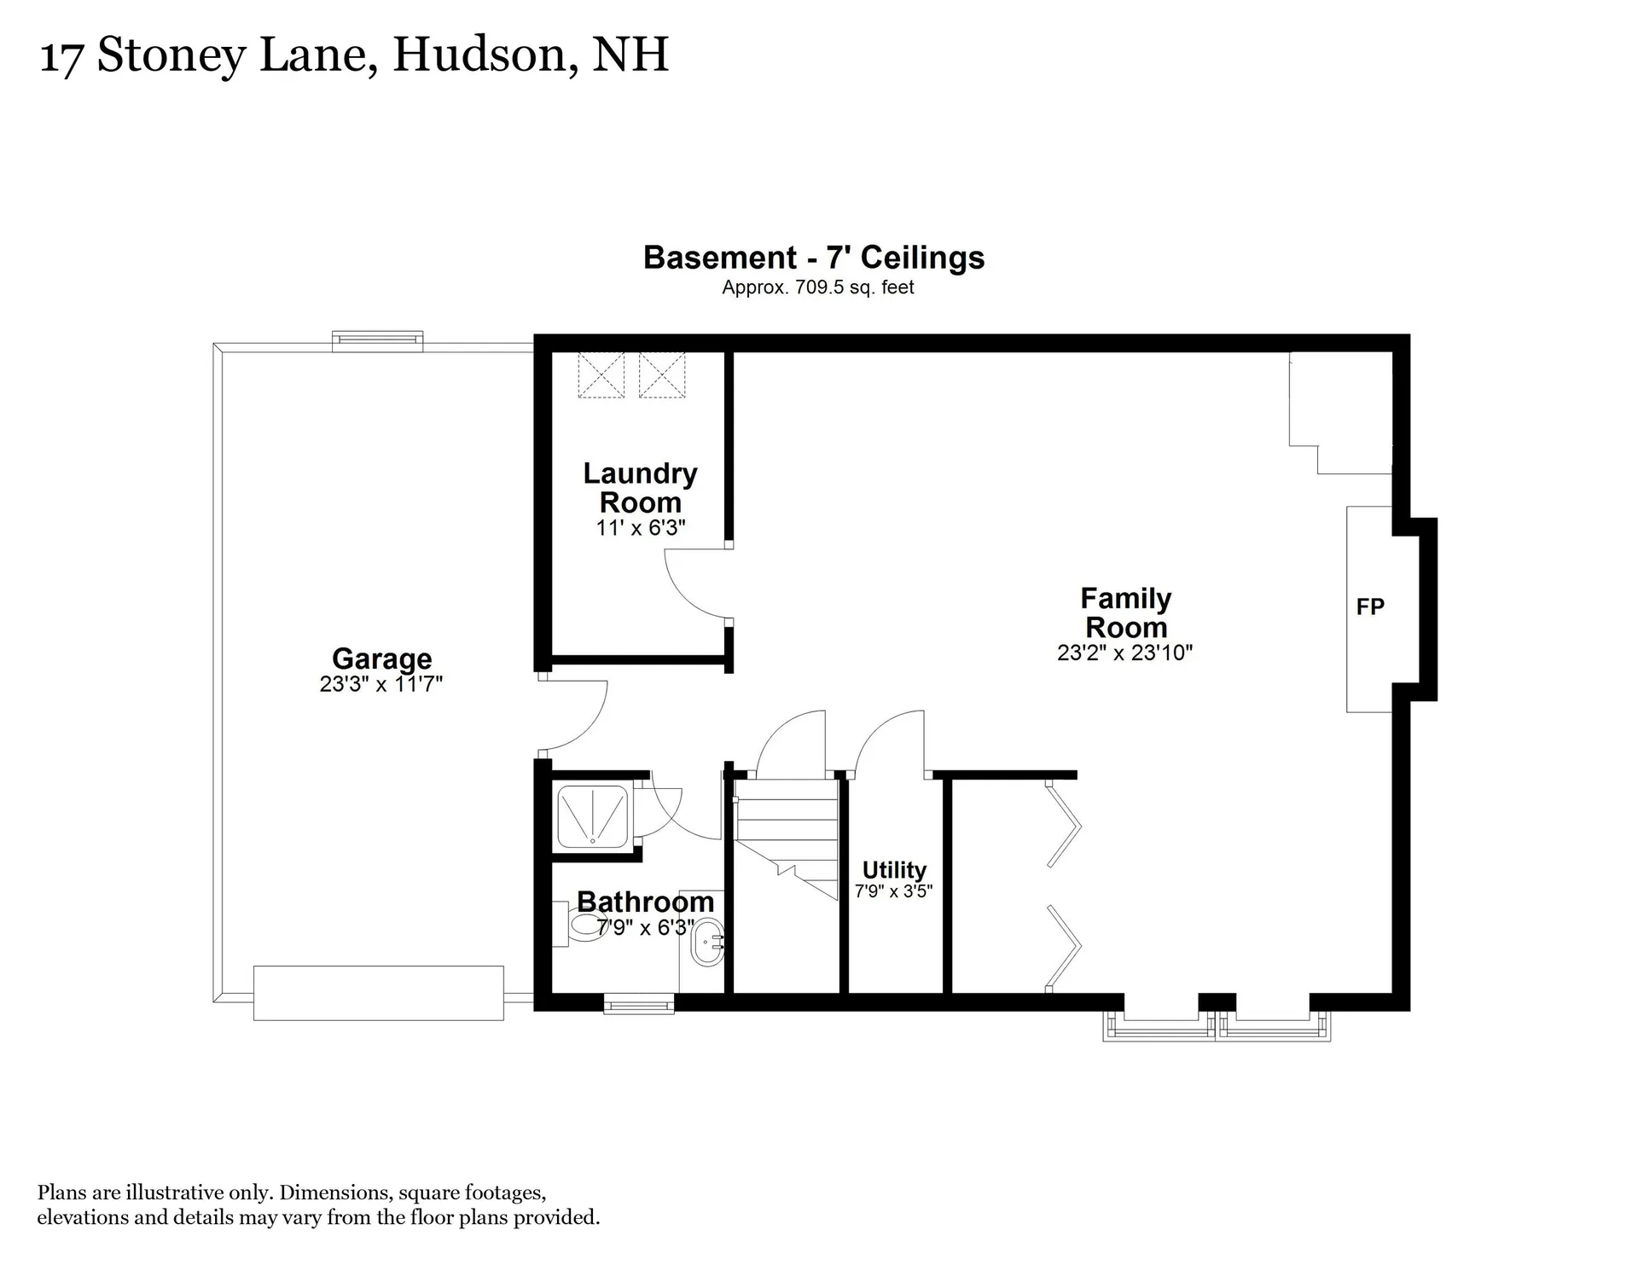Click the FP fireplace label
tap(1370, 607)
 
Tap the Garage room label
tap(381, 659)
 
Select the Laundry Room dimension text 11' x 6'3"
tap(641, 528)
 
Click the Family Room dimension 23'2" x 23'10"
tap(1124, 653)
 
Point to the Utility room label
tap(894, 870)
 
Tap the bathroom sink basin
tap(706, 942)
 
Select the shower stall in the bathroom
tap(592, 816)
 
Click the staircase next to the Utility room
tap(787, 840)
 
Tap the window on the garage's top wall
tap(377, 341)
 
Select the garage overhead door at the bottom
tap(378, 993)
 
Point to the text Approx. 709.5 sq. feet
tap(817, 287)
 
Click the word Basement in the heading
tap(720, 258)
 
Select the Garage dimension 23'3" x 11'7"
tap(381, 684)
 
